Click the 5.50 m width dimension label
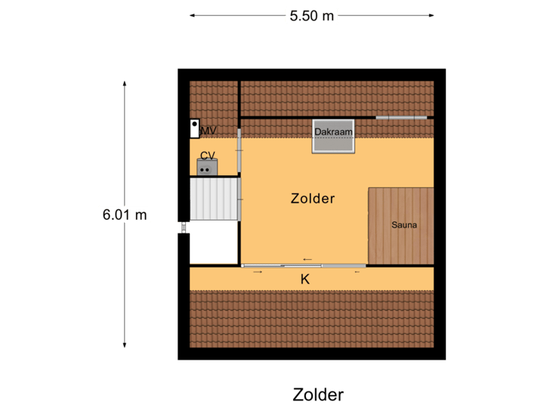(x=311, y=15)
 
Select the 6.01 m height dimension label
(x=125, y=215)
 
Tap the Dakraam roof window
(x=334, y=136)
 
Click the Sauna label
(x=404, y=225)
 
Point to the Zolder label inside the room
(x=312, y=199)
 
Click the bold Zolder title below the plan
(x=318, y=394)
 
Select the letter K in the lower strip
(x=305, y=279)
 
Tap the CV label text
(x=207, y=156)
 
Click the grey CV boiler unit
(x=207, y=168)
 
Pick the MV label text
(x=209, y=131)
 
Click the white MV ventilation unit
(x=194, y=128)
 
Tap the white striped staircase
(x=215, y=198)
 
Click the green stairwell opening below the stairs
(x=214, y=243)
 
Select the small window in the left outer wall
(x=182, y=227)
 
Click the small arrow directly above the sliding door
(x=307, y=259)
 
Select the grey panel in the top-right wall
(x=401, y=117)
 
